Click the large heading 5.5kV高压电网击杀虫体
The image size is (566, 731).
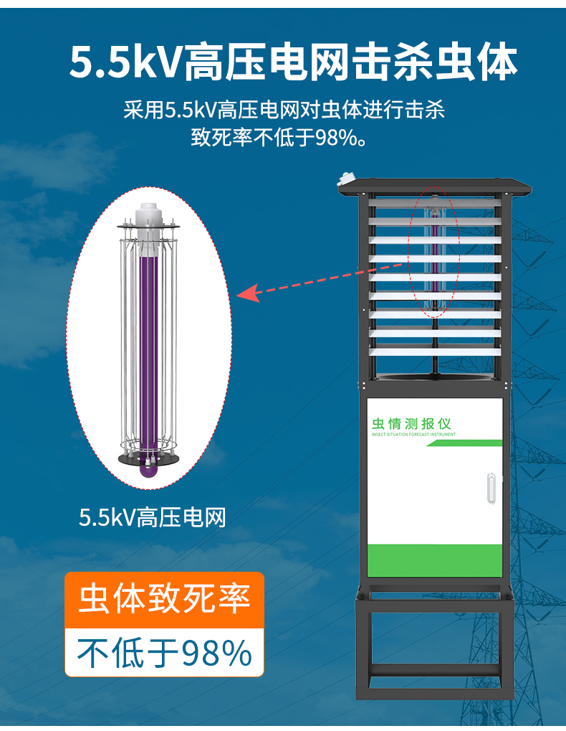point(293,62)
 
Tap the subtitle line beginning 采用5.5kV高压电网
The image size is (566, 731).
point(284,110)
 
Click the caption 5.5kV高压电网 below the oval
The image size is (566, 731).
point(153,517)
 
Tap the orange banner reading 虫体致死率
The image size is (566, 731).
point(164,598)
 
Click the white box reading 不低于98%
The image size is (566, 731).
point(164,653)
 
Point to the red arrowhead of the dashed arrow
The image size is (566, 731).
point(247,293)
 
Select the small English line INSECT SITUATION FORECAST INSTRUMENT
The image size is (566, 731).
point(413,435)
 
